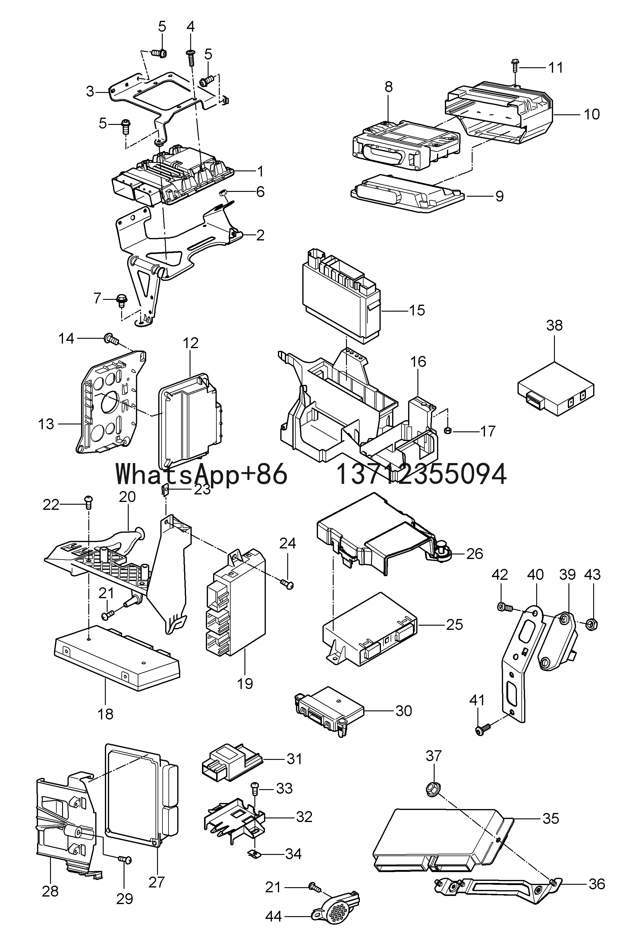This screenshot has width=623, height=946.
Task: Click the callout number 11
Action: [x=555, y=68]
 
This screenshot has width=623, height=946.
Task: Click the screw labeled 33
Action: [x=255, y=786]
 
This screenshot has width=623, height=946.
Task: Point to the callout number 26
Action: [x=474, y=554]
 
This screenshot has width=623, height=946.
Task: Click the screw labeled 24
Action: [x=288, y=584]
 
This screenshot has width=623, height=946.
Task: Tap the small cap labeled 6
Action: [x=223, y=193]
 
